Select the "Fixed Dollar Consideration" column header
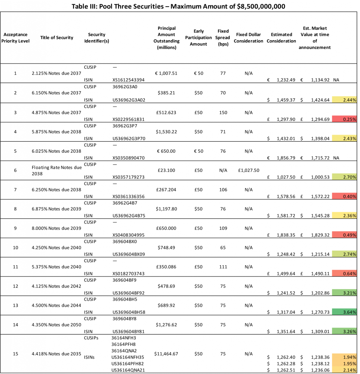tap(248, 38)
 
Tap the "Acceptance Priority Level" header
tap(15, 38)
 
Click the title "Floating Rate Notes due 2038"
tap(57, 171)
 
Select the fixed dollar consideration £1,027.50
tap(248, 170)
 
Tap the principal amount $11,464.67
tap(166, 354)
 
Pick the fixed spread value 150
tap(223, 112)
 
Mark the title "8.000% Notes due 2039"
tap(57, 228)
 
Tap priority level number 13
tap(15, 305)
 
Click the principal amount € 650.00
tap(166, 151)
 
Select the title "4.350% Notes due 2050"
tap(57, 325)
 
